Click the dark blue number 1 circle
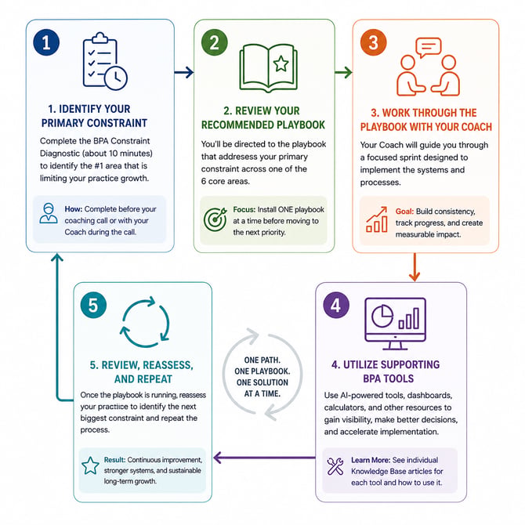coord(46,42)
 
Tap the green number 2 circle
coord(214,42)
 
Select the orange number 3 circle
coord(373,42)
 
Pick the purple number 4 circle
coord(336,305)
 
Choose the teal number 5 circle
coord(93,305)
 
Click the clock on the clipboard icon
coord(115,78)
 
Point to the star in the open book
coord(281,63)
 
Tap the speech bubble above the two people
coord(429,47)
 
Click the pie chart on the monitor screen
coord(382,316)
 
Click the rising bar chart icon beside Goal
coord(377,219)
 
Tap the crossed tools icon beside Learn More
coord(335,466)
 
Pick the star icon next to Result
coord(90,465)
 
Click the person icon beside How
coord(49,213)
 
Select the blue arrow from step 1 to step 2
coord(184,72)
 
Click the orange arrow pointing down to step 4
coord(415,267)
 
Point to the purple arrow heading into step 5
coord(264,458)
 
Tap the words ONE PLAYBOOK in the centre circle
coord(262,371)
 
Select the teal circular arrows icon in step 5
coord(145,321)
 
